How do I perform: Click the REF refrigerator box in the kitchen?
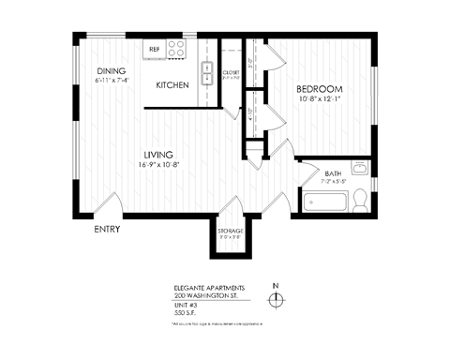[155, 47]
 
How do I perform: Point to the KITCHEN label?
[172, 85]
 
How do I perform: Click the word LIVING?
[157, 155]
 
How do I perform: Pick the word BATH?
[333, 173]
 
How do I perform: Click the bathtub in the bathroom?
[323, 202]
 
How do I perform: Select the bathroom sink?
[368, 170]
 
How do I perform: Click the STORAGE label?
[231, 231]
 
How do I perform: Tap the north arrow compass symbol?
[275, 299]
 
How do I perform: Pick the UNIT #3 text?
[184, 305]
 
